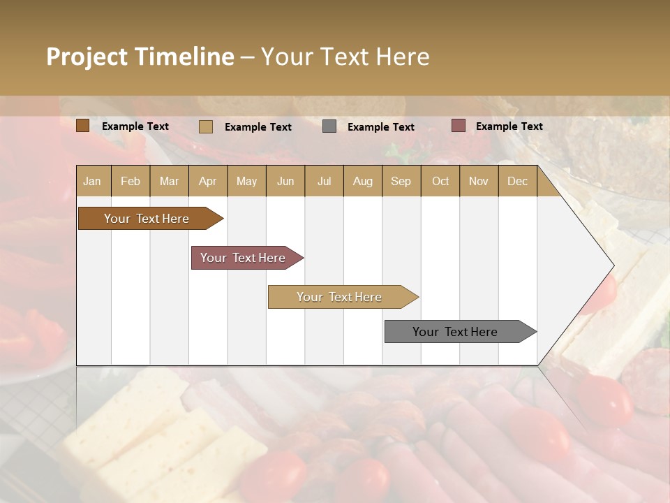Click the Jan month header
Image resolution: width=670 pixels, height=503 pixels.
pos(93,181)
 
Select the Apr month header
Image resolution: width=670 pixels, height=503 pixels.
pos(208,181)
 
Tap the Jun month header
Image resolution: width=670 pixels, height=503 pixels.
pos(285,181)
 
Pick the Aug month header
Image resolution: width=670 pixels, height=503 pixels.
pos(363,181)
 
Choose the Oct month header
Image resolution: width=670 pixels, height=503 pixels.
pos(440,181)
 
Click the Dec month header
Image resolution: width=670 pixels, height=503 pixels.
pos(518,181)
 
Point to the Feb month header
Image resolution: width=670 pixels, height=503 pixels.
pos(131,181)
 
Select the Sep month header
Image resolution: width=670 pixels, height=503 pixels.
pos(401,181)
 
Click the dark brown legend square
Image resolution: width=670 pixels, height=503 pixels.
pos(83,126)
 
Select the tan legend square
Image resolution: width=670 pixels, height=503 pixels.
pos(206,126)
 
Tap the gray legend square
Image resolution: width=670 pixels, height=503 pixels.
pos(329,126)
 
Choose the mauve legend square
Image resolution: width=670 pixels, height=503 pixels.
pos(458,126)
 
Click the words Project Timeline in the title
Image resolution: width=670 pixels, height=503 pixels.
pos(140,57)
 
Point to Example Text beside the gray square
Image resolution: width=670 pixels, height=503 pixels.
pos(381,127)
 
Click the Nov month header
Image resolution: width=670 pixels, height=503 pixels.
pos(479,181)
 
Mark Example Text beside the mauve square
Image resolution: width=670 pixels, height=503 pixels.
pos(509,126)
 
